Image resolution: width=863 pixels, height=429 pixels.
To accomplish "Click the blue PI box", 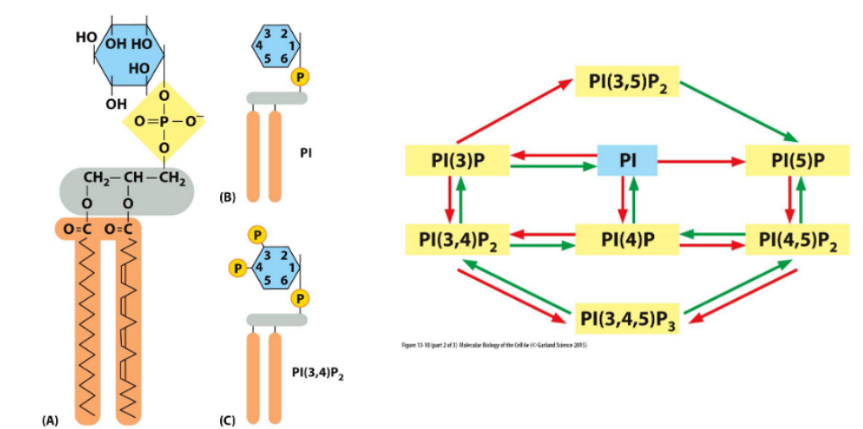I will [x=627, y=161].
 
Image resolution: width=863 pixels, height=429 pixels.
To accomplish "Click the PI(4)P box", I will [x=628, y=239].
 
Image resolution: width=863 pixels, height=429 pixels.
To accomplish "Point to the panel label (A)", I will [x=52, y=420].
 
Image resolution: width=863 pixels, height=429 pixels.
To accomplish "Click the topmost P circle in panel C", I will [x=258, y=234].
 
